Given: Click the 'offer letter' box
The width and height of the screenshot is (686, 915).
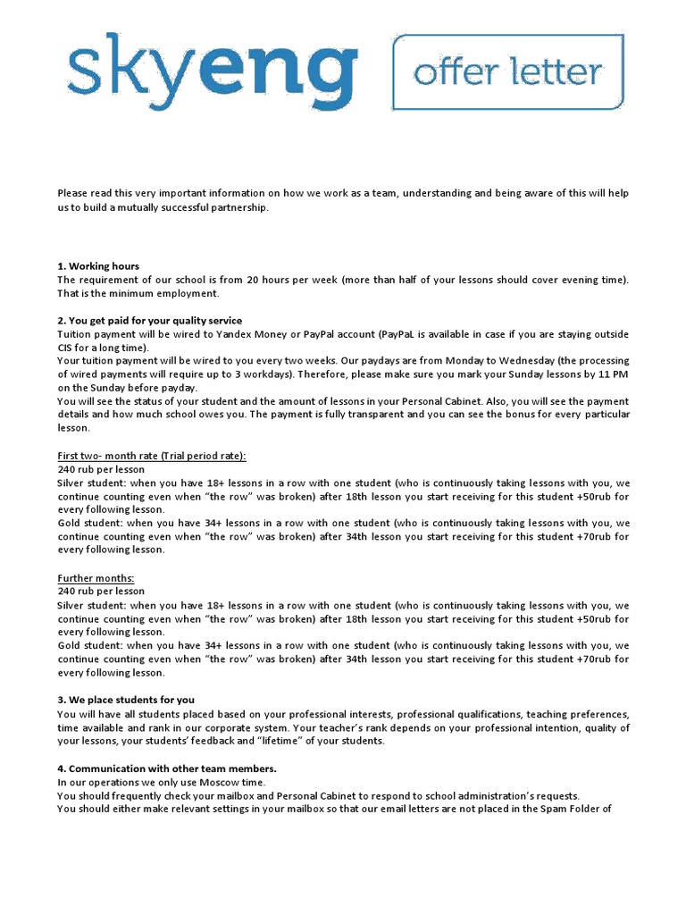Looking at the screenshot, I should coord(508,71).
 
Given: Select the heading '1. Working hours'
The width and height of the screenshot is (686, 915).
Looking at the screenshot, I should coord(98,266).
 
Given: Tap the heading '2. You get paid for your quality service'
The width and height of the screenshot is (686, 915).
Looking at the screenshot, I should coord(150,321).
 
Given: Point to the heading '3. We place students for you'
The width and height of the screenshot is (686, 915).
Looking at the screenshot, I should coord(126,700).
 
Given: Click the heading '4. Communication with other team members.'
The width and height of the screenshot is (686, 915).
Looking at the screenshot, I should coord(167,768).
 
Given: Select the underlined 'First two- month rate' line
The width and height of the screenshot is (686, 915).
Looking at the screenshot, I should coord(152,456).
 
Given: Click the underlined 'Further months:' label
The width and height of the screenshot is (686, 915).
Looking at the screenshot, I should coord(96,578).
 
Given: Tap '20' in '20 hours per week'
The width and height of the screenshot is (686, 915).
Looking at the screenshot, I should coord(255,280).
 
